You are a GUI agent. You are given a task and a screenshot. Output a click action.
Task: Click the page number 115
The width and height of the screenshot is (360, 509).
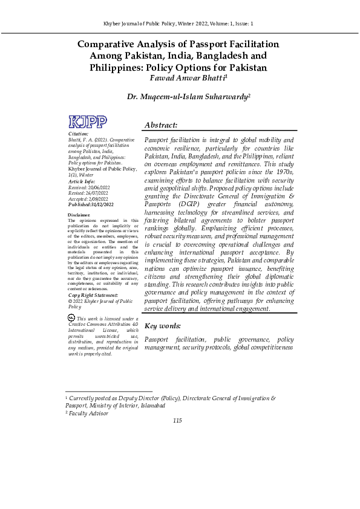click(177, 421)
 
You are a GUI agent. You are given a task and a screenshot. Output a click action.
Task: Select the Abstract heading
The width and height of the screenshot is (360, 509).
click(161, 125)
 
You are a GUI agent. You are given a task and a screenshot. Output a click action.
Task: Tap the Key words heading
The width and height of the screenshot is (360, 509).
click(163, 326)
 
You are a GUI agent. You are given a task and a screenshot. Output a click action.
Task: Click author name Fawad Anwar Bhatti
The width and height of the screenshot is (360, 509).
click(188, 78)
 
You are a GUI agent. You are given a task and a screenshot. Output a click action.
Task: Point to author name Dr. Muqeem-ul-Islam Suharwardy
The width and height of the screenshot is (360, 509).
click(188, 97)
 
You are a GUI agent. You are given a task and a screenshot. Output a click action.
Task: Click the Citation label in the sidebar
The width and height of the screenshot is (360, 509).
click(79, 134)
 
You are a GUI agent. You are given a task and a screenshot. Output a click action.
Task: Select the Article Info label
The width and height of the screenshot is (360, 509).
click(82, 181)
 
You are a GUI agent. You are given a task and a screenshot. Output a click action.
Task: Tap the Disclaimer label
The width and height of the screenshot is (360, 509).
click(79, 215)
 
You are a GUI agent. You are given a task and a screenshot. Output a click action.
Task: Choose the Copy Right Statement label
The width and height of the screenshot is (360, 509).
click(93, 294)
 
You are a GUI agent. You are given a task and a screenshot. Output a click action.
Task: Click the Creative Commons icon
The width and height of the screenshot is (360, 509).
click(71, 317)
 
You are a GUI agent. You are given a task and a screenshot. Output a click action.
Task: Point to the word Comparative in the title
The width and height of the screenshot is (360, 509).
click(114, 44)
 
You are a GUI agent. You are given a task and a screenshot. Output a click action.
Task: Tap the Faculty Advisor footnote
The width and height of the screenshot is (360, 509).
click(88, 413)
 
